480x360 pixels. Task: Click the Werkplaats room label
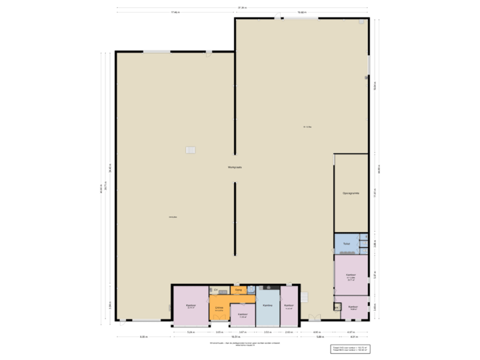point(235,167)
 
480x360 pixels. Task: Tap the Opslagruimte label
point(351,193)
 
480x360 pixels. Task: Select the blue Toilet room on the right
point(346,243)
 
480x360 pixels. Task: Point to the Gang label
point(238,290)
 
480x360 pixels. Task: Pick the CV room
point(215,290)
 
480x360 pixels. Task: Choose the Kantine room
point(267,305)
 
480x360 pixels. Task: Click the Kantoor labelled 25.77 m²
point(350,276)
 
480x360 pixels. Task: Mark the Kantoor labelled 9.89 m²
point(353,307)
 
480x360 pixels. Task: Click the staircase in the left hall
point(191,150)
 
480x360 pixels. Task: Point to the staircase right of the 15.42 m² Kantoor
point(306,296)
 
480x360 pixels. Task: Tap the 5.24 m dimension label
point(190,331)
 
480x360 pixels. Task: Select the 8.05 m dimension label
point(143,337)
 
